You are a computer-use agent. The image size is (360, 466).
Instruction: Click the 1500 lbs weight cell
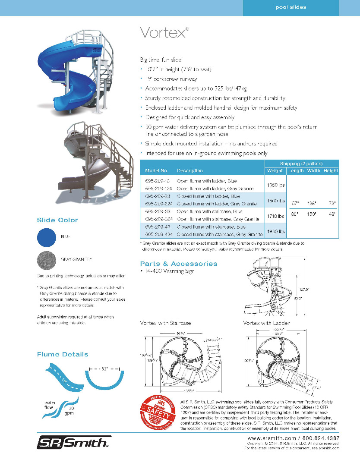[276, 201]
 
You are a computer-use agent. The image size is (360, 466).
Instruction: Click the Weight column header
[275, 170]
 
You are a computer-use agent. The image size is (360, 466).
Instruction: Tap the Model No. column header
[156, 170]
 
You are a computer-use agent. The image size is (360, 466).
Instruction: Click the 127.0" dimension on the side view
[305, 290]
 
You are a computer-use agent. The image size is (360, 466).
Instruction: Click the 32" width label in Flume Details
[104, 369]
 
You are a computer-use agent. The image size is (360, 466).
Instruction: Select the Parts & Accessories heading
[179, 264]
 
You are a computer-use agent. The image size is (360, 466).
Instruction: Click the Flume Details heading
[63, 354]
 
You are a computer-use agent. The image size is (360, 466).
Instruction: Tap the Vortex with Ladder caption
[266, 323]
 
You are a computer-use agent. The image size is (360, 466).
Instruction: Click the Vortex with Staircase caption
[165, 323]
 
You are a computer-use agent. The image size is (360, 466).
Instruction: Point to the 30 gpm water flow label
[69, 410]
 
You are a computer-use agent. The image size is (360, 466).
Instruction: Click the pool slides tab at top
[291, 7]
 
